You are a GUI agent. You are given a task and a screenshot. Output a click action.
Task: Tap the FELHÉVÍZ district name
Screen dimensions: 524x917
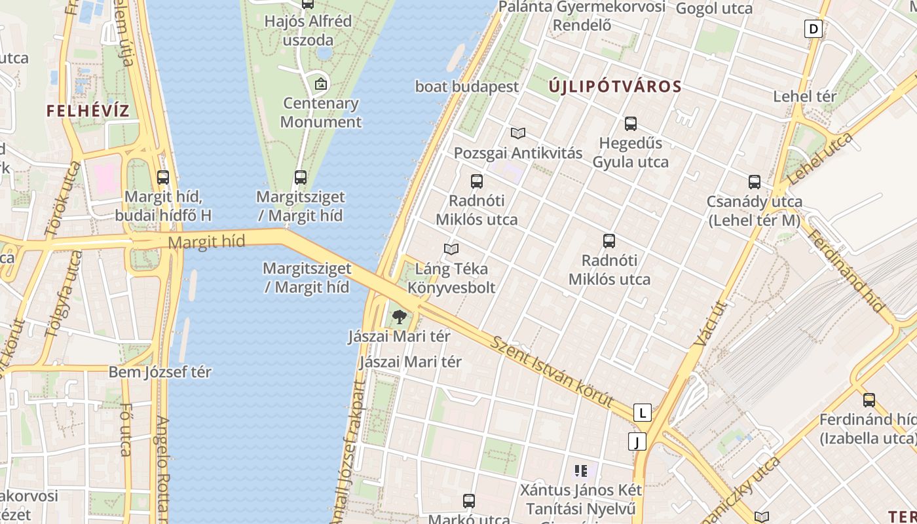point(88,111)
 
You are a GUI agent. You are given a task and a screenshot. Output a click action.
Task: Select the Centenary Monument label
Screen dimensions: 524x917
point(320,113)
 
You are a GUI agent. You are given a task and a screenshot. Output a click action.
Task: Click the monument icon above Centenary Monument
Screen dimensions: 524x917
point(320,84)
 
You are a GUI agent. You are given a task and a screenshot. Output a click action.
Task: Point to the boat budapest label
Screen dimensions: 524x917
point(466,86)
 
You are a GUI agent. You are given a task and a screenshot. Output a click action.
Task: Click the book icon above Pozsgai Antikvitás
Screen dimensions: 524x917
point(518,134)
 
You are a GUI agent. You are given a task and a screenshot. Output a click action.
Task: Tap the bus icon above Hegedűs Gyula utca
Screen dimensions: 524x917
point(631,123)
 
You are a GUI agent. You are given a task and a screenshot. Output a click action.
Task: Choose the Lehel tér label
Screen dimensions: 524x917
point(805,96)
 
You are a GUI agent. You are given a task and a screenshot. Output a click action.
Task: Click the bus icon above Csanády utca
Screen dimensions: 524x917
point(755,182)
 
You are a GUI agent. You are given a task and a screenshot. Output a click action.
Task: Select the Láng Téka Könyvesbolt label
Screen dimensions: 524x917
point(451,278)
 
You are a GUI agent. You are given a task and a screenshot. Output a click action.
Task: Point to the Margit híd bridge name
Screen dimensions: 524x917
point(206,242)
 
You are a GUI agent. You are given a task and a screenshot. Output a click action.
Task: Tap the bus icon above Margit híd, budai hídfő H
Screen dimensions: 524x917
point(163,177)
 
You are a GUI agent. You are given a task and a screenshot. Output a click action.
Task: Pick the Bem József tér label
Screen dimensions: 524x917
point(160,372)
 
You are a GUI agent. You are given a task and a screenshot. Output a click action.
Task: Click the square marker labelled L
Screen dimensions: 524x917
point(643,413)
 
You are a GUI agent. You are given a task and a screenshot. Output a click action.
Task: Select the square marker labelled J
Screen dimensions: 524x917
point(637,441)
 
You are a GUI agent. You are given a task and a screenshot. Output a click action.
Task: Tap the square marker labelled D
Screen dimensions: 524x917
point(814,29)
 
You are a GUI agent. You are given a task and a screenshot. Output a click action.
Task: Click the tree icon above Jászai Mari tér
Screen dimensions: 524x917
point(399,318)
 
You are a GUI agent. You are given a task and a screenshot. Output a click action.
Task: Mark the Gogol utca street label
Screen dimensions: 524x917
point(714,9)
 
